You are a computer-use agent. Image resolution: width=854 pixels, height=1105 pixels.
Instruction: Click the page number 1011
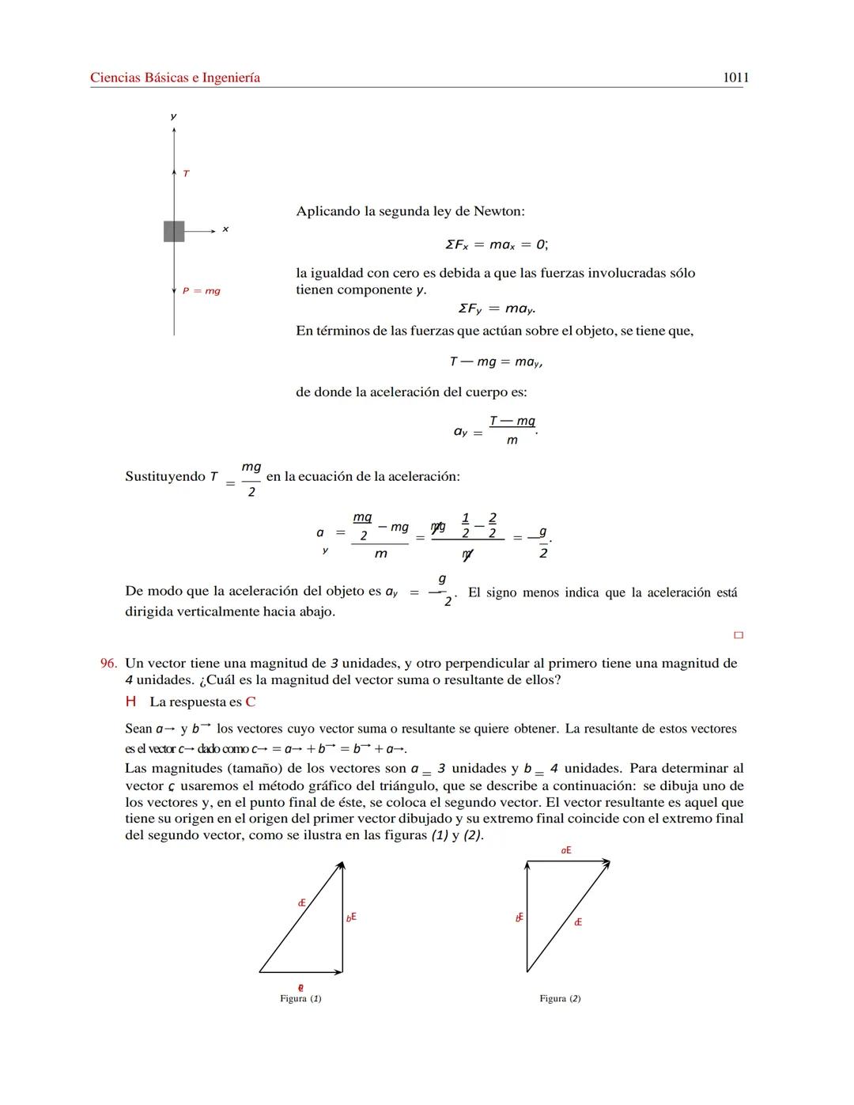pos(735,78)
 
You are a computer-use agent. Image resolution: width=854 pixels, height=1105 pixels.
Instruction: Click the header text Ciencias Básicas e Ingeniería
pos(175,78)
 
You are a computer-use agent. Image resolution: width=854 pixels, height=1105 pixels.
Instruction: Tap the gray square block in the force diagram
pos(174,231)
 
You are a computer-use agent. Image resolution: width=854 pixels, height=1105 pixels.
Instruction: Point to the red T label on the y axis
pos(186,173)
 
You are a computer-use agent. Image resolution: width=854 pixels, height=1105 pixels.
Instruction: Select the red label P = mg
pos(202,291)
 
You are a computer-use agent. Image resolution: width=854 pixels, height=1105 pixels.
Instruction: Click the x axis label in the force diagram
pos(225,229)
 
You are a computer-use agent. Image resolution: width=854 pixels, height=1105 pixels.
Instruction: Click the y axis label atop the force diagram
pos(174,116)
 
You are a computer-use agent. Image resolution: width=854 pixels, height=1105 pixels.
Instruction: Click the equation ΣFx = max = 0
pos(496,244)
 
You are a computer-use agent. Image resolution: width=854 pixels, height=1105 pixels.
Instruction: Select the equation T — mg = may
pos(496,361)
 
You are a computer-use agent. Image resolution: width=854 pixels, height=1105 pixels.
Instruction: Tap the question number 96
pos(108,663)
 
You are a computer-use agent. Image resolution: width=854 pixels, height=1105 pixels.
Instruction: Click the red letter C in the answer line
pos(251,702)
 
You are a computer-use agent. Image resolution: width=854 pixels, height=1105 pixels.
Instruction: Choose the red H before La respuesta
pos(130,702)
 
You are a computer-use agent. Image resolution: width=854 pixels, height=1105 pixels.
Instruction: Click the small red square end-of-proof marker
pos(739,634)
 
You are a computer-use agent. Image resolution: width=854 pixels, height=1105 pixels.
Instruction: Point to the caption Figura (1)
pos(300,998)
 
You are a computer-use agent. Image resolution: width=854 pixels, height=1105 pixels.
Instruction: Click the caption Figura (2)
pos(560,998)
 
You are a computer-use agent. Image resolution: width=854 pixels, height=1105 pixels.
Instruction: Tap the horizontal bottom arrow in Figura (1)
pos(300,972)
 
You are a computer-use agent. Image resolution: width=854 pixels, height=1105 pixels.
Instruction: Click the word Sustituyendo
pos(165,476)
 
